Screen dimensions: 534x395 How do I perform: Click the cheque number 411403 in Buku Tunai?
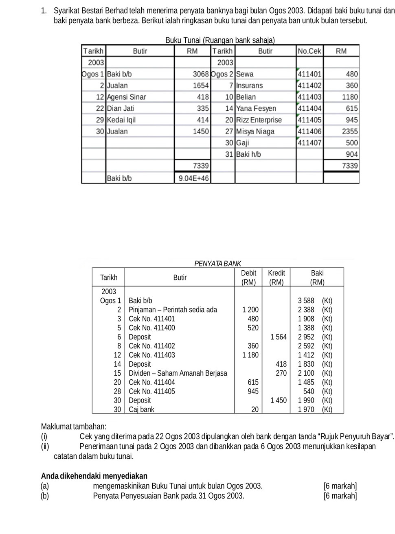(x=309, y=97)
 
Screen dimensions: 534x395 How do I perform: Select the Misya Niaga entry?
(x=255, y=131)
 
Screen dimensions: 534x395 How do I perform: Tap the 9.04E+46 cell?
(x=193, y=178)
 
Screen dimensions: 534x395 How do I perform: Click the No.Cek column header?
(x=309, y=51)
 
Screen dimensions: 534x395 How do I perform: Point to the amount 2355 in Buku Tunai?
(x=350, y=131)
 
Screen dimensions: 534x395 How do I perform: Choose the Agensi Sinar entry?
(x=126, y=97)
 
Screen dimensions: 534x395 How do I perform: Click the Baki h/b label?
(x=248, y=154)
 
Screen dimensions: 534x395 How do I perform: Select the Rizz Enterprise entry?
(x=259, y=120)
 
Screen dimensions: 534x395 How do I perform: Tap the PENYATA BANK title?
(x=218, y=263)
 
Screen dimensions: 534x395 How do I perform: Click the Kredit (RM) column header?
(x=276, y=277)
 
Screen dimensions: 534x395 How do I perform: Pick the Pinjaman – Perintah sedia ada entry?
(x=173, y=310)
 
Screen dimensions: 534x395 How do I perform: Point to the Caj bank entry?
(x=141, y=409)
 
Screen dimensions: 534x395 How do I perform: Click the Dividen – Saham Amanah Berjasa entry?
(x=178, y=373)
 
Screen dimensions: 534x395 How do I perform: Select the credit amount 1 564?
(x=279, y=337)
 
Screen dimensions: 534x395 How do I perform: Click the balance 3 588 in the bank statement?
(x=306, y=301)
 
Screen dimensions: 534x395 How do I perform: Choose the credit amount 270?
(x=281, y=373)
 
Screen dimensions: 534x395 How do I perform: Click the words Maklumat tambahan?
(x=74, y=427)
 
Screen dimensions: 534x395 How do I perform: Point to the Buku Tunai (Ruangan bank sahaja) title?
(x=220, y=40)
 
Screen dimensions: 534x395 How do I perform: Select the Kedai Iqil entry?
(x=121, y=120)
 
